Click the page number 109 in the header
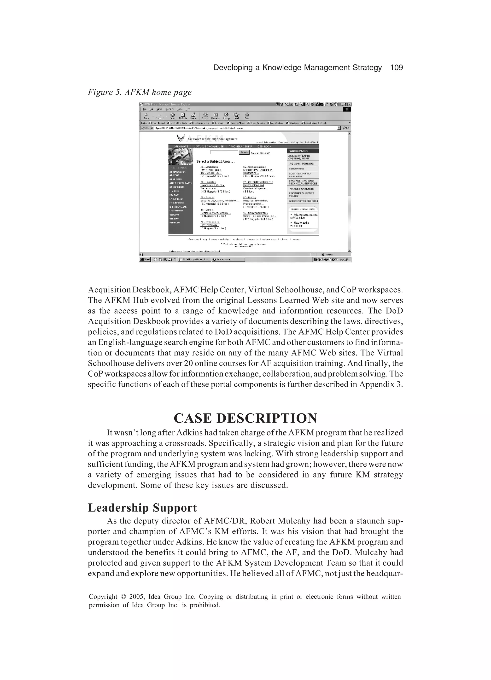(x=396, y=68)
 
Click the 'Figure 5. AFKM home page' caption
(x=140, y=92)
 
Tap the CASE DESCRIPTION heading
(x=245, y=418)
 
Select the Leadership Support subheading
(x=142, y=508)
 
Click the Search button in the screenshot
(x=244, y=152)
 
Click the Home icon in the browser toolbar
(x=193, y=116)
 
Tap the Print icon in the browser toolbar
(x=247, y=116)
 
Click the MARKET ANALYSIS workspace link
(x=301, y=189)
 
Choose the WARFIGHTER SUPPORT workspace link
(x=303, y=201)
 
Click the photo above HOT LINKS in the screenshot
(x=181, y=156)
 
